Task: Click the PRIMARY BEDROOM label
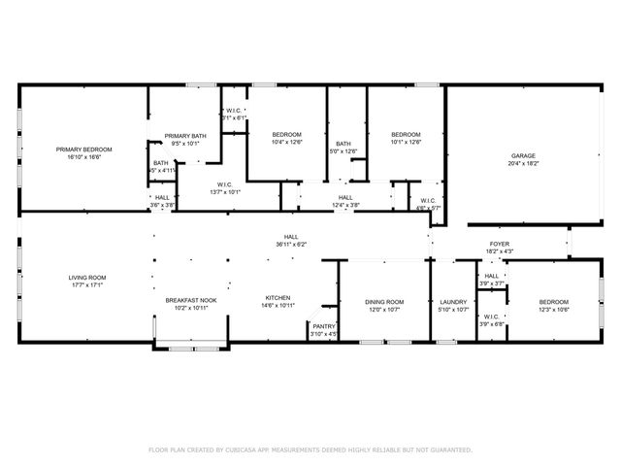click(x=83, y=149)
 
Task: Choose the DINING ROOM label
click(x=384, y=302)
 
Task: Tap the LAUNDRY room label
click(x=453, y=302)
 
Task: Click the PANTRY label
click(x=324, y=326)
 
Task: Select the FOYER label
click(x=499, y=244)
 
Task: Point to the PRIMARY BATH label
click(x=184, y=135)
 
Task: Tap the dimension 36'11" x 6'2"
click(x=290, y=245)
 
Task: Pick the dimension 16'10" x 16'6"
click(x=83, y=156)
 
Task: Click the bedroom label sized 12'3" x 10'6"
click(x=554, y=302)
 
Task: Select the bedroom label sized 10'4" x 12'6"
click(x=286, y=134)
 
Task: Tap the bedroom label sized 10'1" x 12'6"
click(x=406, y=134)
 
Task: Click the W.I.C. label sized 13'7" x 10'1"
click(x=224, y=184)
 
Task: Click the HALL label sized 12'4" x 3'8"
click(x=345, y=197)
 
